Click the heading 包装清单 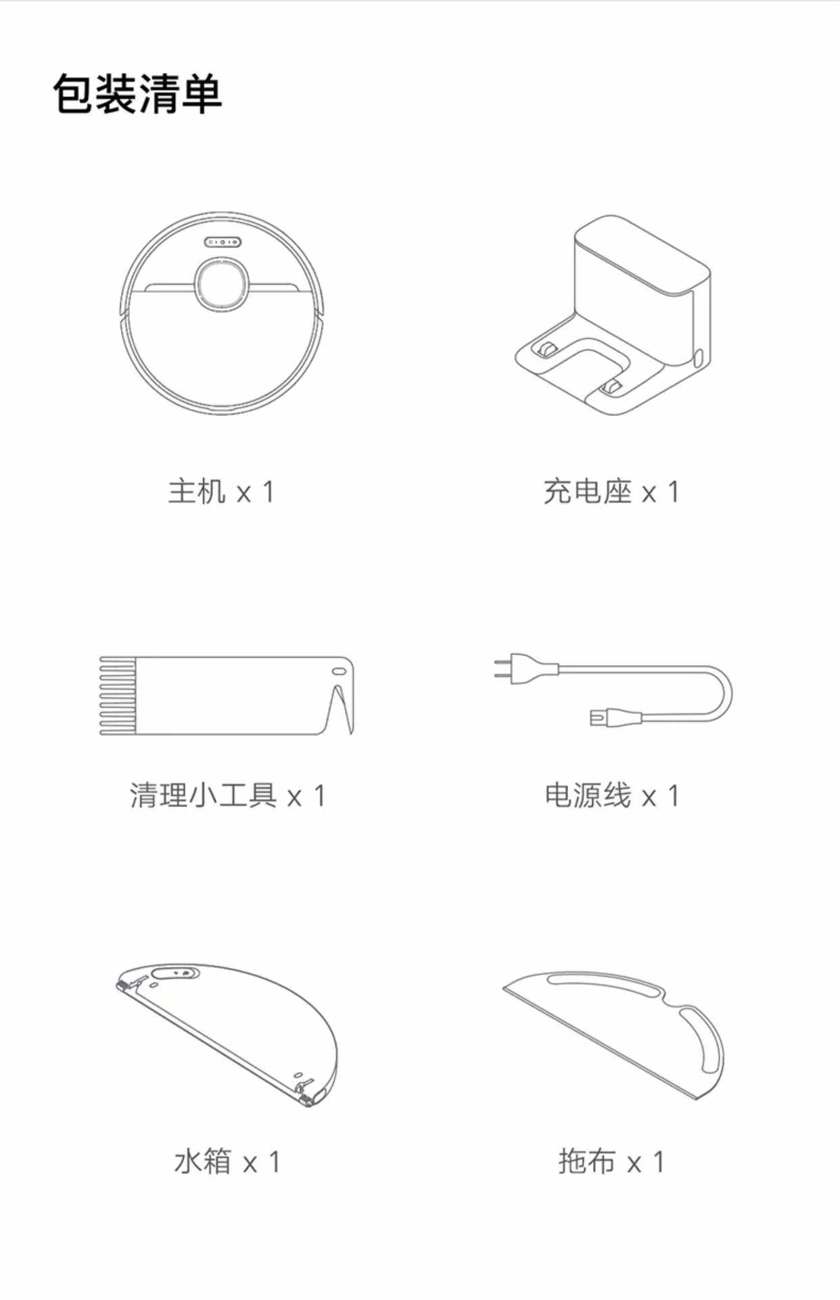[138, 94]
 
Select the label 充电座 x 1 [611, 492]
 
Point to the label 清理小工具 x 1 [228, 795]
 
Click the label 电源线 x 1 [611, 795]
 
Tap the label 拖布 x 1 [611, 1162]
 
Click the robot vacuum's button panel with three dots [223, 241]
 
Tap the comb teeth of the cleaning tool [118, 695]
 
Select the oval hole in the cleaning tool [338, 672]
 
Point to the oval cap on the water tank [176, 973]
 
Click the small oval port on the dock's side [699, 356]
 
